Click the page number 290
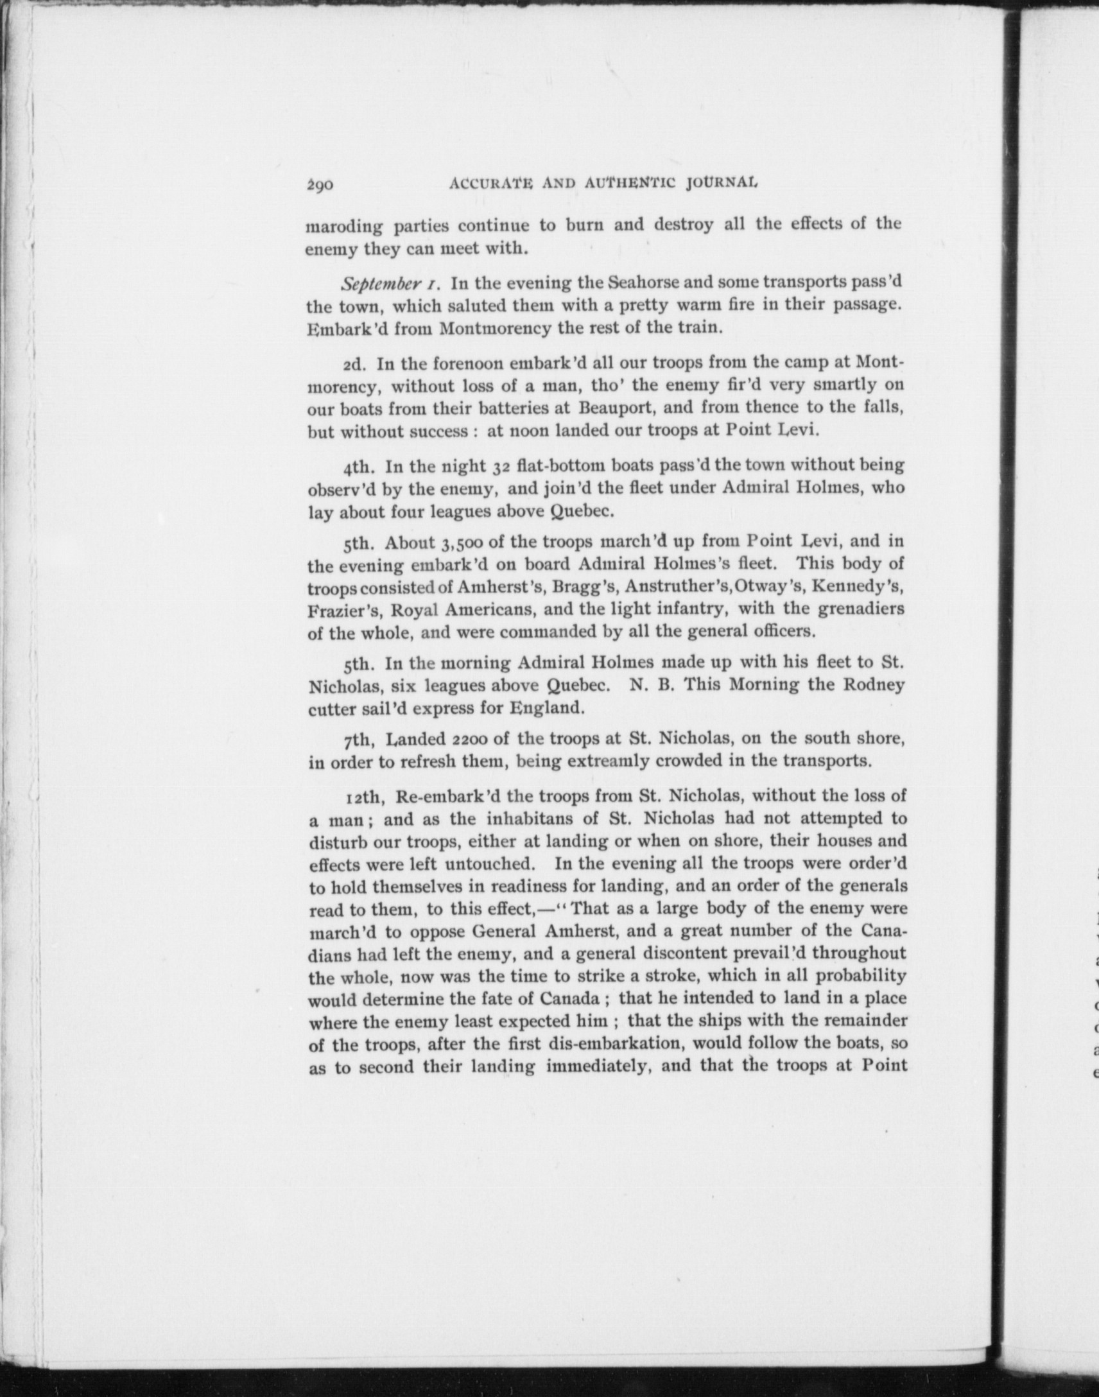click(319, 186)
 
